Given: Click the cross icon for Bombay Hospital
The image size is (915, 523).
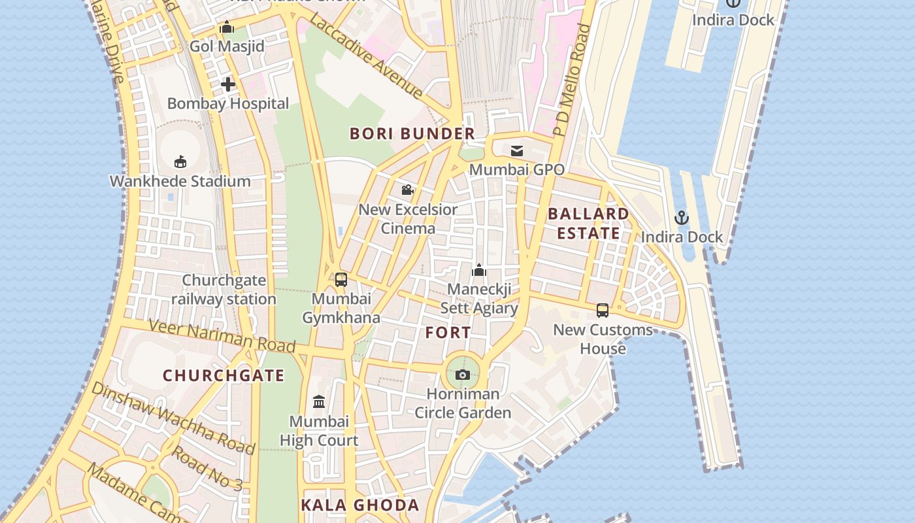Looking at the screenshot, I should pyautogui.click(x=227, y=84).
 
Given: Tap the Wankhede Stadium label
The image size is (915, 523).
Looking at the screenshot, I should pyautogui.click(x=180, y=181).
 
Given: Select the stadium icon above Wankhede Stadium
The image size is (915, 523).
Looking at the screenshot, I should pyautogui.click(x=180, y=161).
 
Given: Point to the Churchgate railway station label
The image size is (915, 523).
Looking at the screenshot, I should pyautogui.click(x=224, y=290).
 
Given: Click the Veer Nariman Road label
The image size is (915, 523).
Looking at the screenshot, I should pyautogui.click(x=222, y=335).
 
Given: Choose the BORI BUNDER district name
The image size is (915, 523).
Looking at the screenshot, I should pyautogui.click(x=412, y=134).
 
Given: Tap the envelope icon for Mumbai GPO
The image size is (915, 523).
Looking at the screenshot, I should pyautogui.click(x=517, y=151).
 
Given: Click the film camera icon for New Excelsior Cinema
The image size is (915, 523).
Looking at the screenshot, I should pyautogui.click(x=407, y=190).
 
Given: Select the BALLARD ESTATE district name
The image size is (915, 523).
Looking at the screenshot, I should pyautogui.click(x=588, y=224).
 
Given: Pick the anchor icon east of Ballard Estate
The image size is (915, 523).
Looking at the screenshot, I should pyautogui.click(x=682, y=218).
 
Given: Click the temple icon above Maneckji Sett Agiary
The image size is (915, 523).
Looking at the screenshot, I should pyautogui.click(x=479, y=270).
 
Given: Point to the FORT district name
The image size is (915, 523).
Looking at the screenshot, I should pyautogui.click(x=448, y=333).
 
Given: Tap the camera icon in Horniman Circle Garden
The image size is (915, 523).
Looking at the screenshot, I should pyautogui.click(x=463, y=375).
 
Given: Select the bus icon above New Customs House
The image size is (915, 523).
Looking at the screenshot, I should pyautogui.click(x=603, y=311).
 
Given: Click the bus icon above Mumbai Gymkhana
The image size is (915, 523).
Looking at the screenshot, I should pyautogui.click(x=341, y=280).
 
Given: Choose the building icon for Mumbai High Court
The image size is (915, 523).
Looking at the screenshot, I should pyautogui.click(x=319, y=401).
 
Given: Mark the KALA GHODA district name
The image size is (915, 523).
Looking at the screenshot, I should pyautogui.click(x=359, y=505).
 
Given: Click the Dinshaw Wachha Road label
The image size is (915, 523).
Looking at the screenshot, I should pyautogui.click(x=173, y=418).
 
